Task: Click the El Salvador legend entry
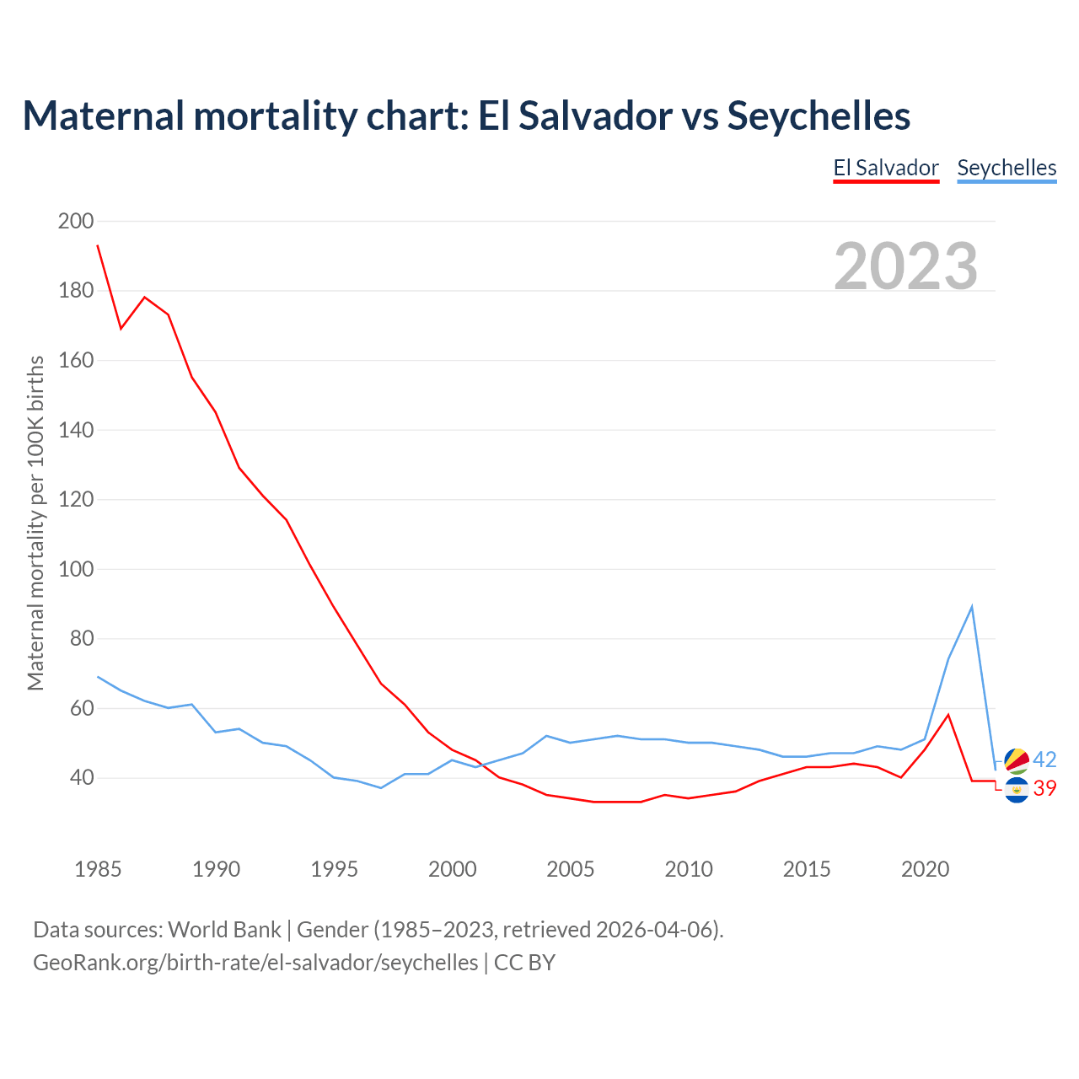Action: [x=886, y=168]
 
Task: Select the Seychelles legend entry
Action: [x=1007, y=168]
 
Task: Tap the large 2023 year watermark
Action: [x=905, y=266]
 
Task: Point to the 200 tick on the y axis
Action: [x=76, y=221]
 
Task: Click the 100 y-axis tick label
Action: [x=76, y=569]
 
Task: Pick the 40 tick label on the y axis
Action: [x=82, y=777]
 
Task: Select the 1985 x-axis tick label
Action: [x=98, y=869]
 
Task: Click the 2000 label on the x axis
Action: [x=453, y=869]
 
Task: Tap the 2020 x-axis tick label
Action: [x=925, y=869]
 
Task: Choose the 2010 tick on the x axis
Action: [x=689, y=869]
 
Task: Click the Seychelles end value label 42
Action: [x=1044, y=760]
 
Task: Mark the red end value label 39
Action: [x=1044, y=788]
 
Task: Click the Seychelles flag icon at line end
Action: [x=1017, y=760]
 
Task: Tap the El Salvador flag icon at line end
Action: [x=1017, y=790]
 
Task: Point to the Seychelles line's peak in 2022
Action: [x=972, y=607]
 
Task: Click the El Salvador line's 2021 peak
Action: [x=948, y=715]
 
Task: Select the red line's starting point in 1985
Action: [x=98, y=245]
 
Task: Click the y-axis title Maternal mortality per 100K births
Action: [x=35, y=523]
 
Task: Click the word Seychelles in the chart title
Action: [x=819, y=115]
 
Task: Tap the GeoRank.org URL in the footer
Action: [x=255, y=962]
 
